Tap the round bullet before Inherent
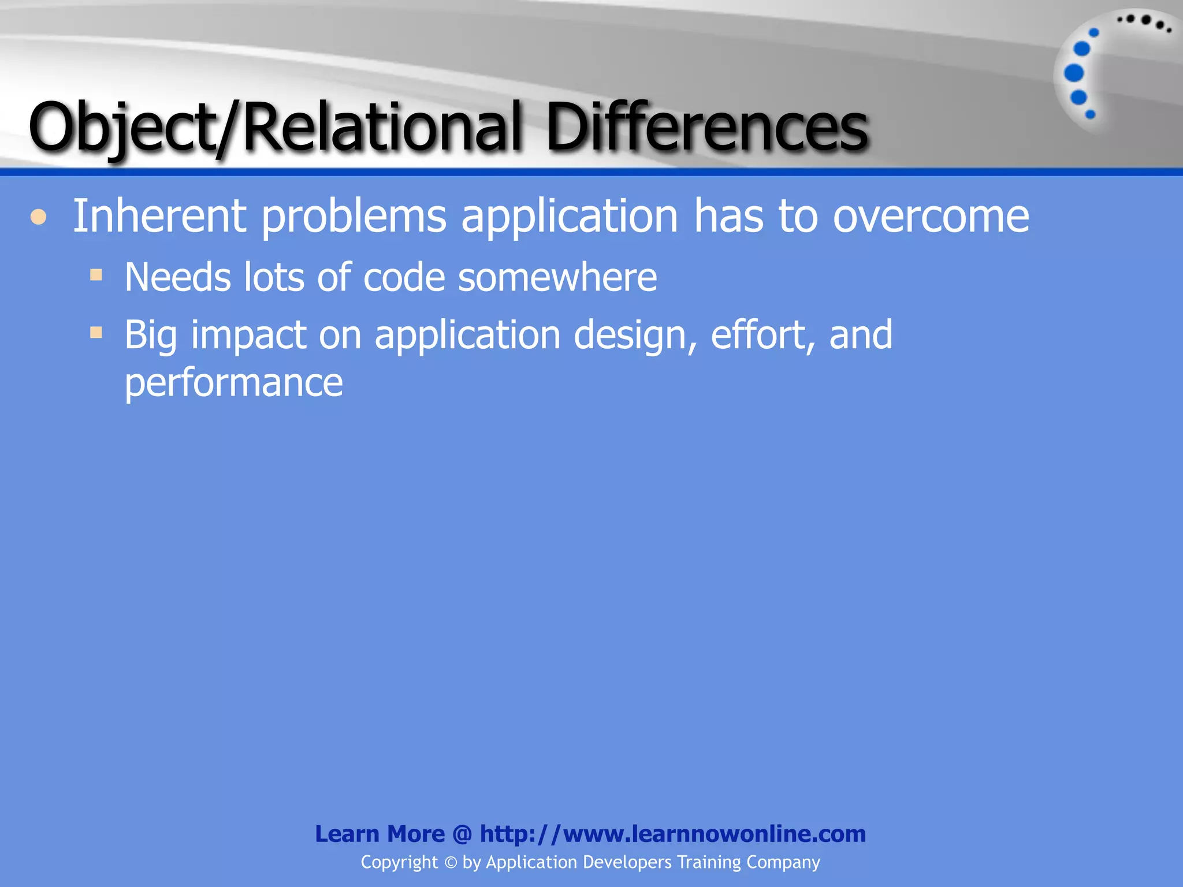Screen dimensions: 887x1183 click(38, 217)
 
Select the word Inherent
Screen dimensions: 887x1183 click(159, 216)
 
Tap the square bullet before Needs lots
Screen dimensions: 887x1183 click(96, 274)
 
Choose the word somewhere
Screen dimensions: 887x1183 click(557, 277)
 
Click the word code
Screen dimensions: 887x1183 click(404, 277)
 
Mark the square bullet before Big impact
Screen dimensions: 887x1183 click(96, 332)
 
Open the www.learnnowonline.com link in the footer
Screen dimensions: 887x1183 click(673, 834)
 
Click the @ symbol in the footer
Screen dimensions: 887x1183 click(463, 834)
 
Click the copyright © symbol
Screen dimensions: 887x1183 click(451, 863)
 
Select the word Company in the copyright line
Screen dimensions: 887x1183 click(783, 862)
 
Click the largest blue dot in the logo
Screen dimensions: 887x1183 click(1074, 73)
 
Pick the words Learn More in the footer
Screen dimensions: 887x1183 click(380, 834)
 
